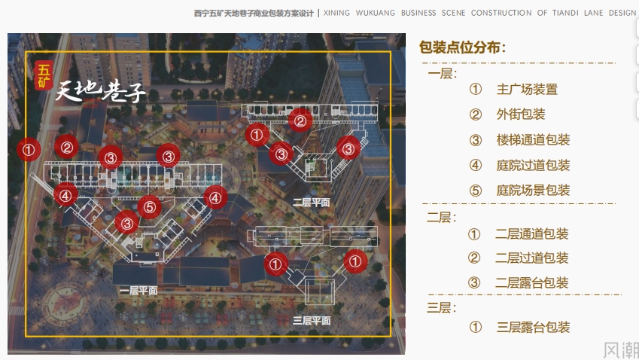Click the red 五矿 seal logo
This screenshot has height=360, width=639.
[x=43, y=76]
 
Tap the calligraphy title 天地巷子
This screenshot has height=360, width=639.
[x=100, y=90]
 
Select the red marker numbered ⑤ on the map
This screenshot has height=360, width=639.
[x=150, y=206]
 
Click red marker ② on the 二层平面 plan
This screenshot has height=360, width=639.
[x=300, y=121]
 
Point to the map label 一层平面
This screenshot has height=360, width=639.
[x=138, y=290]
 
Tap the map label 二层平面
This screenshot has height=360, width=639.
[x=312, y=203]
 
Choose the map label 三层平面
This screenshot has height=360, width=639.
[x=312, y=320]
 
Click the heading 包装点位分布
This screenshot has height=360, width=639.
[x=463, y=47]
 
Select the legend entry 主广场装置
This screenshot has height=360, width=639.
[x=527, y=89]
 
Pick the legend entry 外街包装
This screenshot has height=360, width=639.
[x=521, y=114]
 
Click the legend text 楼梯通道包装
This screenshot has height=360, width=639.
[x=533, y=140]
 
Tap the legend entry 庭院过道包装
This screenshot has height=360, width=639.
[x=533, y=165]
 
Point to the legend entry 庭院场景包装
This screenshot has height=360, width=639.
[x=533, y=190]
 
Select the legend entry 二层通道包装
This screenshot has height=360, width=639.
[x=532, y=233]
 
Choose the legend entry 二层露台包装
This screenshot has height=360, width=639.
[x=532, y=282]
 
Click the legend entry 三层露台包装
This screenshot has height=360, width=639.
[x=533, y=327]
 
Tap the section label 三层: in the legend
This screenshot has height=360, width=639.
[x=441, y=307]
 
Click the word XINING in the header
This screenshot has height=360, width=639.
[x=336, y=13]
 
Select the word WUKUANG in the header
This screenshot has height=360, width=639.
[x=376, y=13]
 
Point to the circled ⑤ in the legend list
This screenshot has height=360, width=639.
[x=476, y=191]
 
